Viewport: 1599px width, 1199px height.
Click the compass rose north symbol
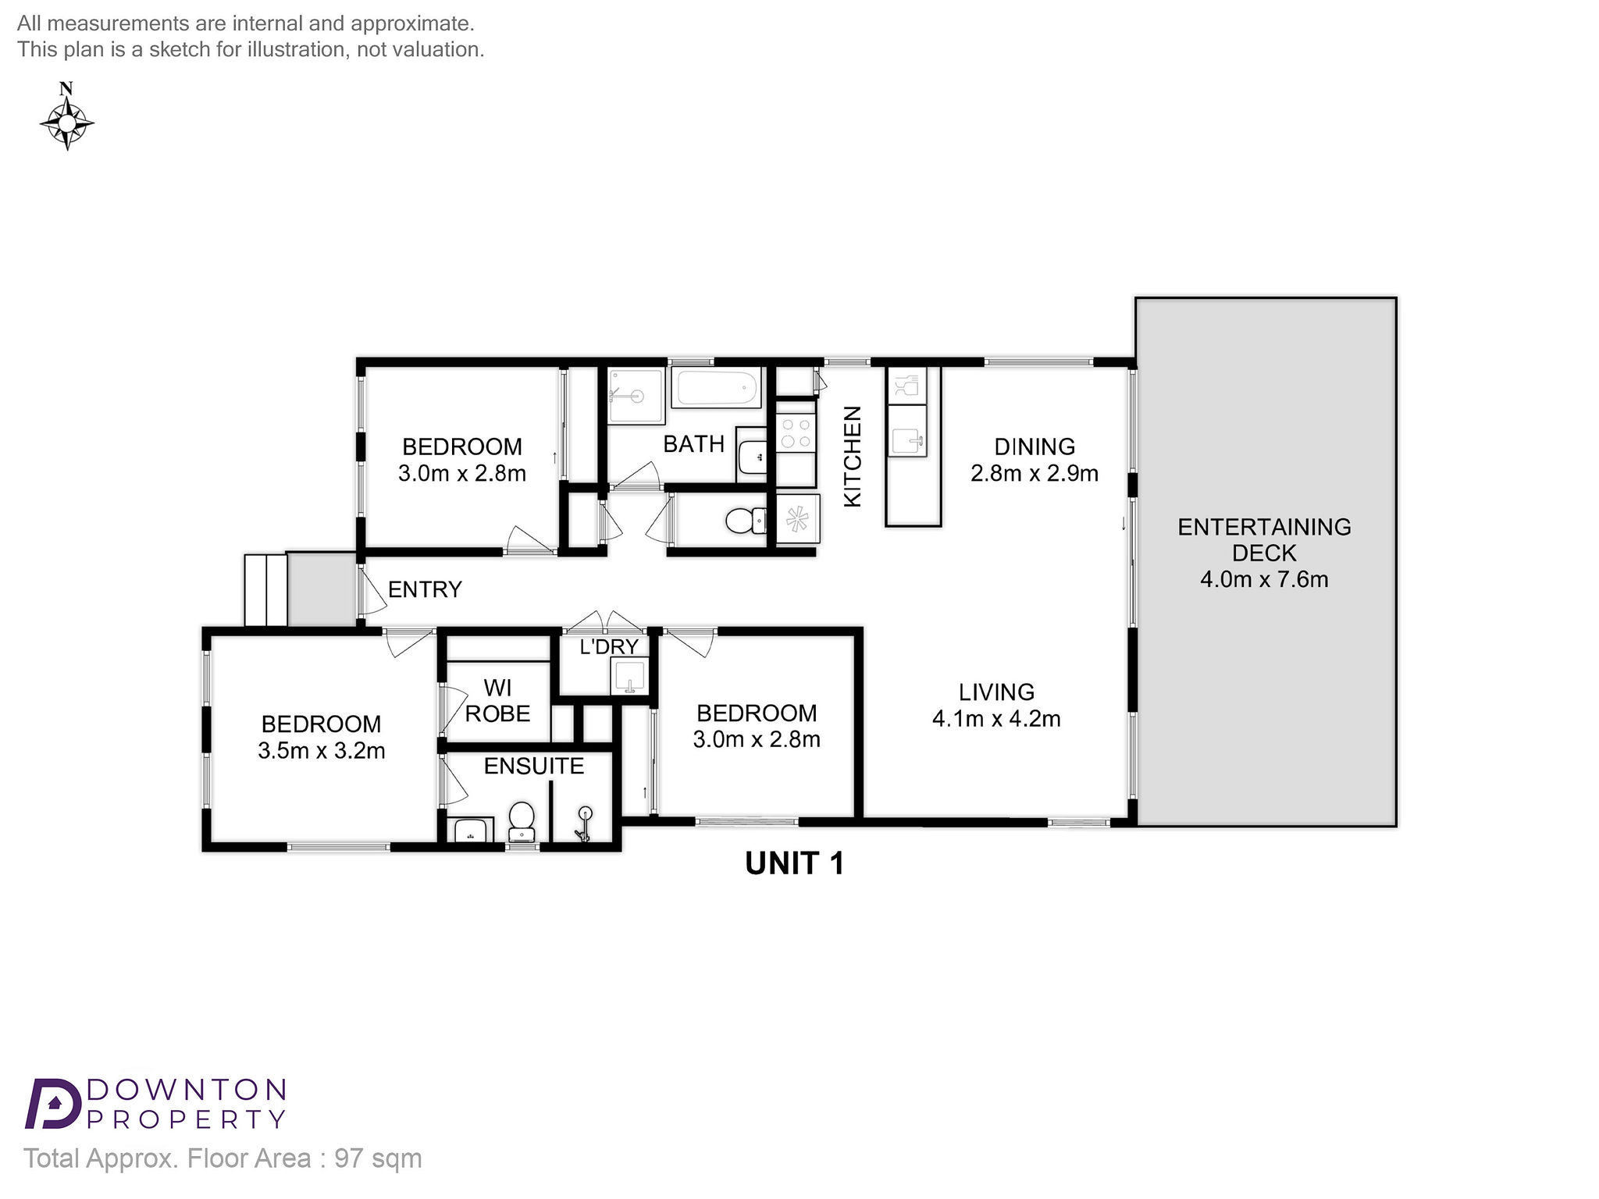coord(67,116)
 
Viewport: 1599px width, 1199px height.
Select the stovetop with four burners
coord(796,433)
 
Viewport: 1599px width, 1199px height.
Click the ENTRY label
coord(425,589)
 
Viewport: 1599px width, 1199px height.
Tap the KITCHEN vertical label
coord(853,457)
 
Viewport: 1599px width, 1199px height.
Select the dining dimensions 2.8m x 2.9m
coord(1035,474)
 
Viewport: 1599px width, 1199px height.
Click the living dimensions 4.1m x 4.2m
coord(996,719)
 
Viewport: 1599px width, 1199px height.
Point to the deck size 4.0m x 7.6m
coord(1264,579)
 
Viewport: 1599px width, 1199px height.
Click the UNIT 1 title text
coord(795,863)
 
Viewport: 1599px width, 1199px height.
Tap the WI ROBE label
coord(497,700)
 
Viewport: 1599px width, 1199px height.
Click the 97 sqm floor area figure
coord(379,1158)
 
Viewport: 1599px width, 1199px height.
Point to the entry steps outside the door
coord(265,590)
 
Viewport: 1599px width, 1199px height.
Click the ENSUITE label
coord(534,767)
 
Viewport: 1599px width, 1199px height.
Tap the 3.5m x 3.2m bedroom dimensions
coord(322,751)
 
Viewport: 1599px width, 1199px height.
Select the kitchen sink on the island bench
coord(908,440)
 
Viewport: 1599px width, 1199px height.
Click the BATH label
coord(693,444)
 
